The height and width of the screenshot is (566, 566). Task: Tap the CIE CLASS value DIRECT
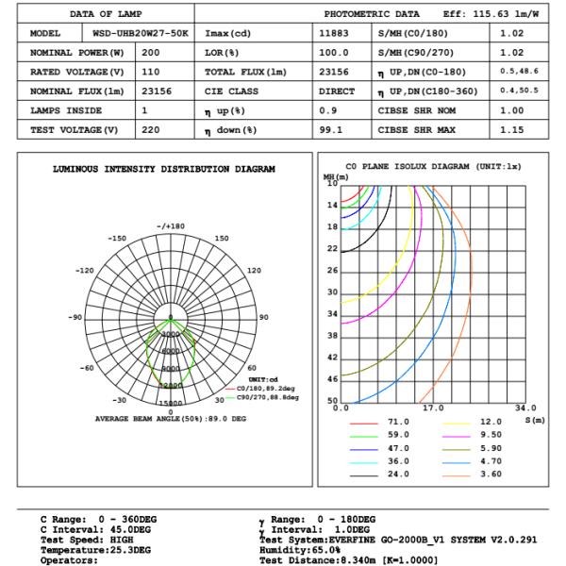337,92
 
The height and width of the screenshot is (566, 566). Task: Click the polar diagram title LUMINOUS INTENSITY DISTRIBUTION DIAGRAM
163,170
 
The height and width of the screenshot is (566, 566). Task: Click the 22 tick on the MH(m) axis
332,249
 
